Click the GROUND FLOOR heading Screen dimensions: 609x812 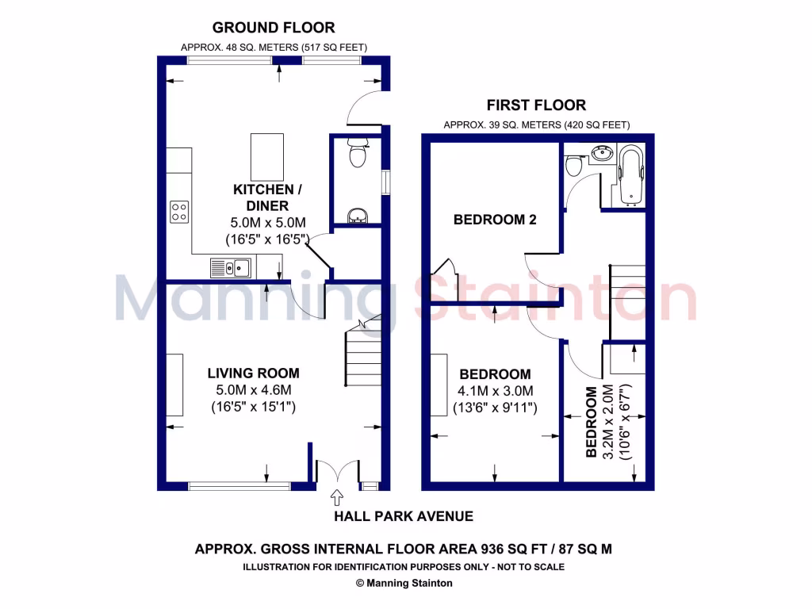(x=274, y=28)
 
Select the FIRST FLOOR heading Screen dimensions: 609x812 (x=537, y=105)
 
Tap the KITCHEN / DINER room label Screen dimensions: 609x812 (x=267, y=197)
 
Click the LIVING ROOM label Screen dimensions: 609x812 (x=253, y=373)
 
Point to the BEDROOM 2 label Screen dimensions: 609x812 (x=494, y=220)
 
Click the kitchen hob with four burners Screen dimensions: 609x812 (x=179, y=211)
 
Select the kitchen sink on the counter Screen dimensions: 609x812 (x=231, y=269)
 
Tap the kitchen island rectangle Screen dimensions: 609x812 (x=268, y=156)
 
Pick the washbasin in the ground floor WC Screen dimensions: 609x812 (x=358, y=215)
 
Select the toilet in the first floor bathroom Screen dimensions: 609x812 (x=574, y=166)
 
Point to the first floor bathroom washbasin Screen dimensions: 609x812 (x=603, y=152)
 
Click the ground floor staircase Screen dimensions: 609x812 (x=363, y=357)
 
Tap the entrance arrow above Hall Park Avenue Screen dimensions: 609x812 (x=336, y=497)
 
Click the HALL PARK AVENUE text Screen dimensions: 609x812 (x=403, y=516)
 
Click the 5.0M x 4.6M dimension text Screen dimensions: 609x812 (x=254, y=390)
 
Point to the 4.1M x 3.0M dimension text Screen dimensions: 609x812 (x=496, y=391)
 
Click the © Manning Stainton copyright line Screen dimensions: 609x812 (x=404, y=583)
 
